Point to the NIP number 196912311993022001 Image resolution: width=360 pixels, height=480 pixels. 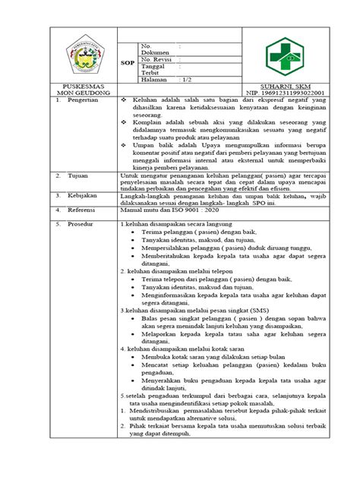(x=291, y=94)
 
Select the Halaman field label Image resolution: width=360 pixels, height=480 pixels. (x=155, y=80)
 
